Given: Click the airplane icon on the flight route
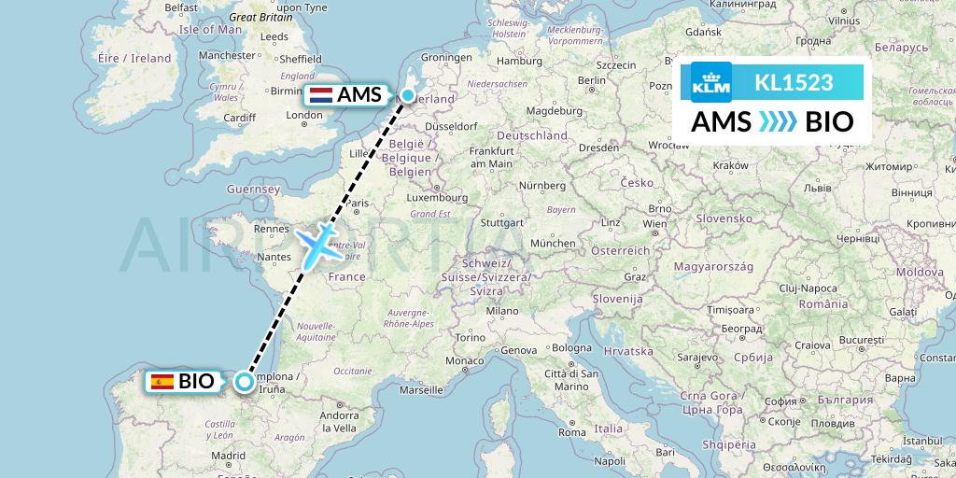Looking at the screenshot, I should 319,243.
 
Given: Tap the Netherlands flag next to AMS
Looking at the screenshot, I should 320,95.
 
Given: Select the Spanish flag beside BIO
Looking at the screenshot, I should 162,381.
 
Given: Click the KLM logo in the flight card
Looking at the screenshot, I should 711,82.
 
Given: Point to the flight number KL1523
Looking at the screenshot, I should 794,82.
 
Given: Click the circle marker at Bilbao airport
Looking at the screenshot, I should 245,381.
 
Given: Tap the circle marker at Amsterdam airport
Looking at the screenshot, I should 408,95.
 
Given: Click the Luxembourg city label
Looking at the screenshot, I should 435,198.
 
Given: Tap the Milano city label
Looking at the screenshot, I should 501,310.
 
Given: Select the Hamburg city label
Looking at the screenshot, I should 520,62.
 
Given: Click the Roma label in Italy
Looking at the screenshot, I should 571,432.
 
